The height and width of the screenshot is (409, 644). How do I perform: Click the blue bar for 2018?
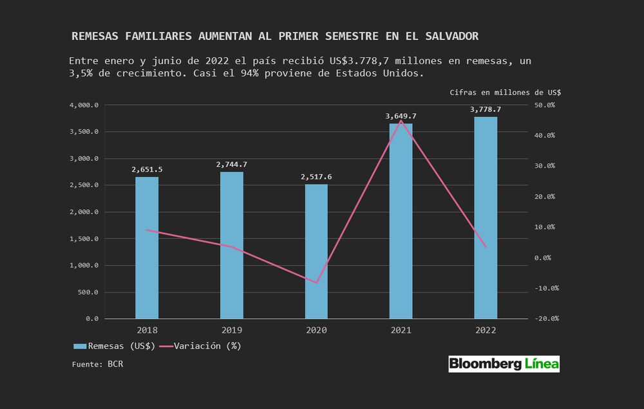click(147, 248)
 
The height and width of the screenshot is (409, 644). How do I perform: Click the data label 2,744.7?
click(231, 165)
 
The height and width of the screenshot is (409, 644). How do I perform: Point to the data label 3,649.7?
click(401, 116)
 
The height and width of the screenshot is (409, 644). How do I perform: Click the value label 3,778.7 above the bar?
click(486, 110)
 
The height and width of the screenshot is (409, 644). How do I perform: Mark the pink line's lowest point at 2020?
click(316, 282)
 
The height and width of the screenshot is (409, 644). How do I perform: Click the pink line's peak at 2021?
click(401, 121)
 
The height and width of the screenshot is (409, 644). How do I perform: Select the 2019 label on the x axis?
click(231, 329)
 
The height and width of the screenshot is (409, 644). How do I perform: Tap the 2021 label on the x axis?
click(401, 329)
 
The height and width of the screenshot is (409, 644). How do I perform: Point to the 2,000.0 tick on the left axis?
click(84, 212)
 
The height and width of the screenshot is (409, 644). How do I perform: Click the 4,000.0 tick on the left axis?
click(84, 105)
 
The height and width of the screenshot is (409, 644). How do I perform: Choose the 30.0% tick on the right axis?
click(545, 166)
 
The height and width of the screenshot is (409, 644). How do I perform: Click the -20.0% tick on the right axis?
click(544, 319)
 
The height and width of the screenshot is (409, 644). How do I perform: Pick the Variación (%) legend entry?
click(200, 346)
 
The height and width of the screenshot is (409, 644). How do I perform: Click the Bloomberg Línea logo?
click(504, 364)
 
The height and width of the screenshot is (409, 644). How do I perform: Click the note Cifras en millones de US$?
click(505, 93)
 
